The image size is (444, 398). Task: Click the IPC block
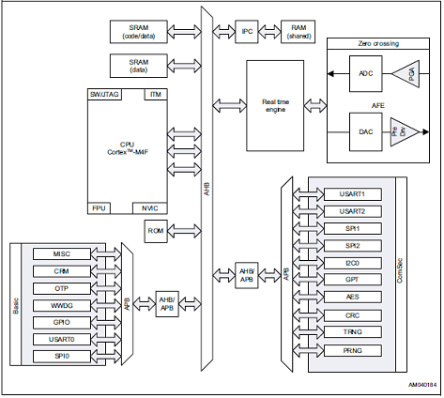[x=247, y=32]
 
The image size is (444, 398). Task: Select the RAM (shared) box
[x=298, y=32]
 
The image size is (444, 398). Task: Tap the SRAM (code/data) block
[x=139, y=32]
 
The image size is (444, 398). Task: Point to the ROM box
[x=156, y=231]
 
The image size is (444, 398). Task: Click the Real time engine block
[x=275, y=106]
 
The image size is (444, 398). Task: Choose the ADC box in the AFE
[x=365, y=73]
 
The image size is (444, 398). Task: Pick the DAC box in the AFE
[x=365, y=131]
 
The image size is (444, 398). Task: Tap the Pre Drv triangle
[x=403, y=131]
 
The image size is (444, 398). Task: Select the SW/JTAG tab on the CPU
[x=104, y=94]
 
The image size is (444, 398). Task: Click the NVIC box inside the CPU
[x=150, y=208]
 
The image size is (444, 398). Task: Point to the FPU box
[x=99, y=208]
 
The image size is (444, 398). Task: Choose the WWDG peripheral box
[x=62, y=305]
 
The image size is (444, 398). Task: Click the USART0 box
[x=62, y=339]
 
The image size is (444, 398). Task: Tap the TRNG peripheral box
[x=353, y=331]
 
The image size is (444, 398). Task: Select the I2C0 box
[x=353, y=263]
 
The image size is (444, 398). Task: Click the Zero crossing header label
[x=378, y=43]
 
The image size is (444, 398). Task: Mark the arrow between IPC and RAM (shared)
[x=269, y=32]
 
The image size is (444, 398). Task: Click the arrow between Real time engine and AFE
[x=315, y=106]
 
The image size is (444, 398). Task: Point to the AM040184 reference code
[x=421, y=385]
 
